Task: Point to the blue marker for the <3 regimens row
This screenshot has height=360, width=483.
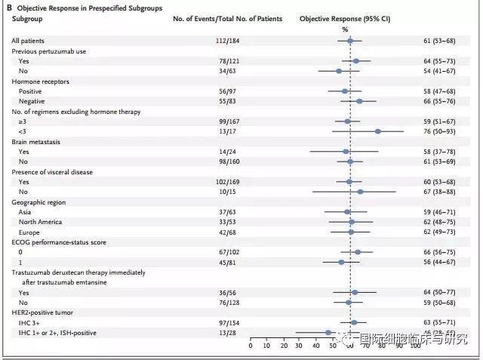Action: click(x=377, y=131)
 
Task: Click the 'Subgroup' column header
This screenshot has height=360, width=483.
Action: click(x=27, y=18)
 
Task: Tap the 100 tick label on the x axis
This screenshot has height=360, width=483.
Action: click(x=414, y=347)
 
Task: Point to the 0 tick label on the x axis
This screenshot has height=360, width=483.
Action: click(x=251, y=347)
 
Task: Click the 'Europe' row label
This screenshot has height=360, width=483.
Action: click(x=30, y=232)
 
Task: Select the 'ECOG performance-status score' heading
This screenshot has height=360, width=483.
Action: click(x=61, y=242)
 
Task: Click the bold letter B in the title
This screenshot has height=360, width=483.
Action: click(x=8, y=6)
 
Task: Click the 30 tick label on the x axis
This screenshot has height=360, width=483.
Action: click(x=300, y=347)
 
